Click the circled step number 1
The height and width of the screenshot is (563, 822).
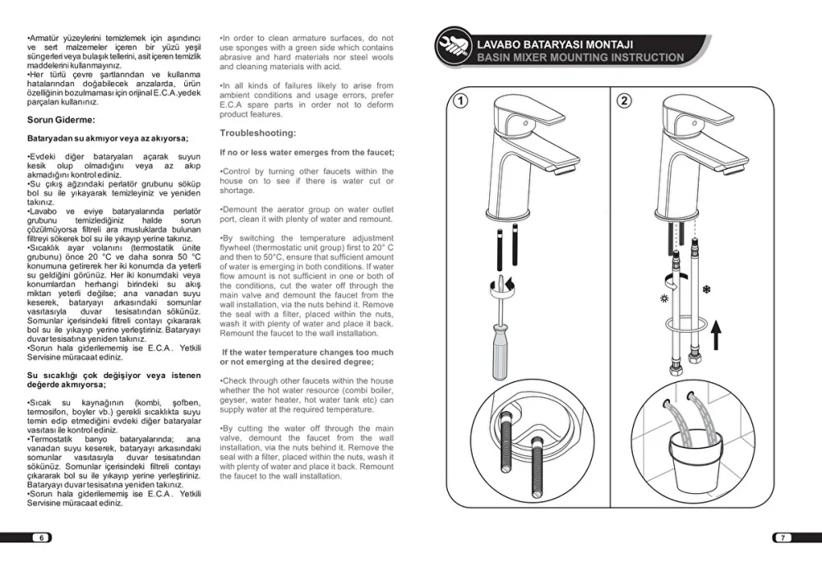[x=462, y=101]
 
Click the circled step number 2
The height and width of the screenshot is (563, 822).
[x=625, y=101]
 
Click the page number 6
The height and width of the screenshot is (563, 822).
[x=40, y=538]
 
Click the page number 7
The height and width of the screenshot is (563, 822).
[x=783, y=538]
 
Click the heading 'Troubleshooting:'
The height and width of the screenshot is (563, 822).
[x=258, y=133]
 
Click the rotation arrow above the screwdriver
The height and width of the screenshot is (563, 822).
[x=507, y=285]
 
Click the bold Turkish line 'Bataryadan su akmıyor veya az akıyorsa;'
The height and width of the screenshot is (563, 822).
[x=108, y=138]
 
